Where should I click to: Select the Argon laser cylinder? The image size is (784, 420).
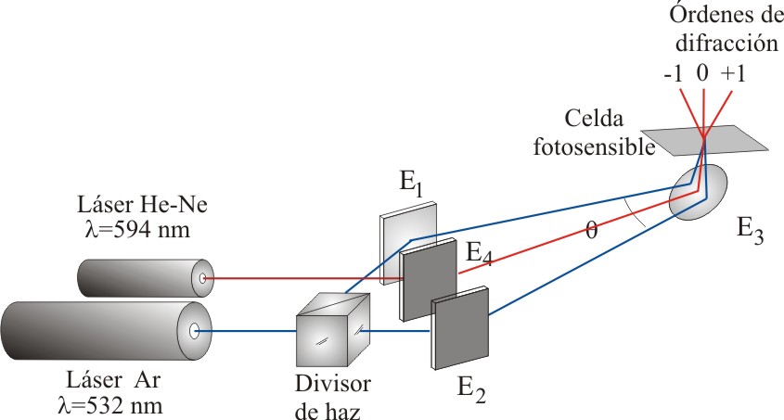tap(102, 332)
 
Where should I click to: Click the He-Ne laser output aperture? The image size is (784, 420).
tap(202, 277)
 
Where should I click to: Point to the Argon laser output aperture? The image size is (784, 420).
tap(194, 331)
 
